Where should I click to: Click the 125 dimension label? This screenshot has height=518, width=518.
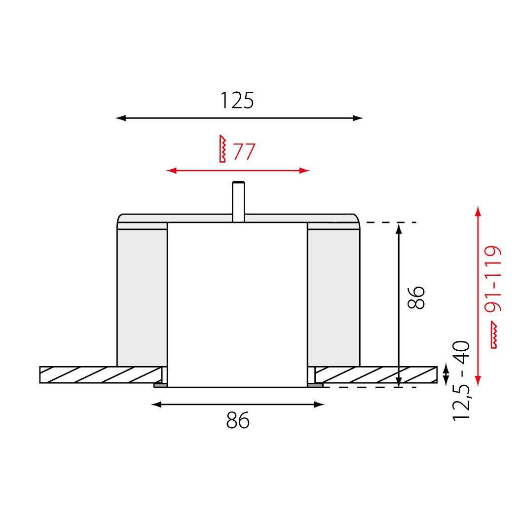(x=237, y=101)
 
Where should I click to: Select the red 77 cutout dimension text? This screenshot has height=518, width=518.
(x=244, y=151)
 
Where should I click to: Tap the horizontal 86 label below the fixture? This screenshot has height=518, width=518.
(x=238, y=420)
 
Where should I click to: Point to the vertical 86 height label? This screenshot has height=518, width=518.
(x=416, y=297)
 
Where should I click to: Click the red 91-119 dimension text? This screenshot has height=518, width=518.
(x=493, y=279)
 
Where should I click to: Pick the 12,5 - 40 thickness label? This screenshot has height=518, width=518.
(x=461, y=380)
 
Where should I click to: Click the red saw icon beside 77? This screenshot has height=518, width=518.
(x=222, y=148)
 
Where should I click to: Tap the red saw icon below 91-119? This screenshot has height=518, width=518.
(x=494, y=334)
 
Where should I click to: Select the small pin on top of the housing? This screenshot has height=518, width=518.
(x=238, y=201)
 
